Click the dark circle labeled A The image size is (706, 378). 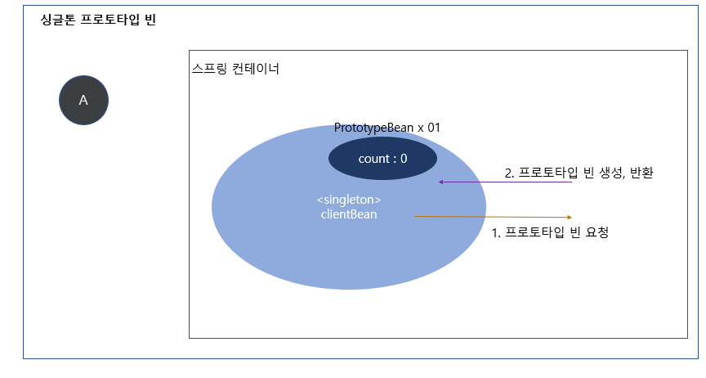[83, 101]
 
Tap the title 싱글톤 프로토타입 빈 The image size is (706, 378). [98, 20]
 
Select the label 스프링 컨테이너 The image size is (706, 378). [235, 69]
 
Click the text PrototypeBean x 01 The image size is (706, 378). [387, 128]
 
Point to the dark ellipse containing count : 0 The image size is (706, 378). [382, 158]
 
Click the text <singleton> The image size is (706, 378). [349, 200]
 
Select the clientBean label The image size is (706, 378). [349, 214]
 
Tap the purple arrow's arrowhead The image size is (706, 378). [441, 182]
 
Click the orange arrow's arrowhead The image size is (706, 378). [569, 217]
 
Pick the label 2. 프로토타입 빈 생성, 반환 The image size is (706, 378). [579, 173]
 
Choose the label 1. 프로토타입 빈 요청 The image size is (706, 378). [550, 232]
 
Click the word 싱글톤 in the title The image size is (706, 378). [59, 20]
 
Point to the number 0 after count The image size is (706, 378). [403, 159]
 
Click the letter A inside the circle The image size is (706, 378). [83, 101]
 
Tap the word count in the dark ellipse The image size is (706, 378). [374, 159]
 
